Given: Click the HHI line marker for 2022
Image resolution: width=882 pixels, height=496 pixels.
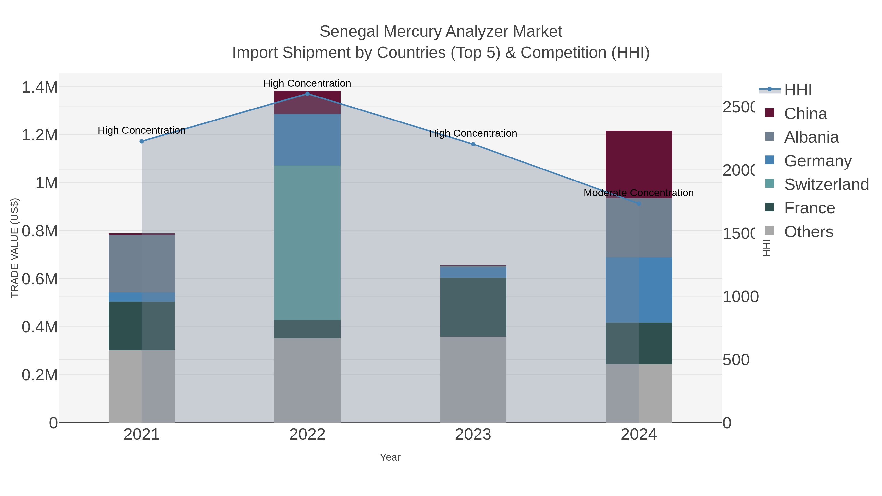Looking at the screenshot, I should click(307, 94).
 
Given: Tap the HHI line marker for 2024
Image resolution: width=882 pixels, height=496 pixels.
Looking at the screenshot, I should click(638, 204).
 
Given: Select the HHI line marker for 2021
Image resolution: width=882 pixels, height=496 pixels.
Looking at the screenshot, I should click(142, 141).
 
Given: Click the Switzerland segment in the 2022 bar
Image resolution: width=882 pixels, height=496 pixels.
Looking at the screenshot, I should click(307, 243).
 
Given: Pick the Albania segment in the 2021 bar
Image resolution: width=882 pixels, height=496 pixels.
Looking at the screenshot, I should click(142, 264).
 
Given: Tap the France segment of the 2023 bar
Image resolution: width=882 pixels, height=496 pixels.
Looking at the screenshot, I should click(473, 307).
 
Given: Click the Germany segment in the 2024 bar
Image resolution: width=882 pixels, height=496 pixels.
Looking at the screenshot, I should click(638, 290).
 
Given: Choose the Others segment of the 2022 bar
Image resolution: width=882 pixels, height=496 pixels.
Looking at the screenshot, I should click(307, 380).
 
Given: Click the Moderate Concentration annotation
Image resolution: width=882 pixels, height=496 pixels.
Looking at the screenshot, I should click(638, 193).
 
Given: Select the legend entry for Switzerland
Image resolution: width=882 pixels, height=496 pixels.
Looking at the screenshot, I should click(826, 184).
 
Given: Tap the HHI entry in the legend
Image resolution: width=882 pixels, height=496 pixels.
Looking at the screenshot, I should click(797, 90).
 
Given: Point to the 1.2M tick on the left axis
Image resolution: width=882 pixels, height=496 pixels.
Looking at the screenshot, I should click(39, 135).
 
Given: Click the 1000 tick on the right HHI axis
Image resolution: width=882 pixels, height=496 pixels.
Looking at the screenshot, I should click(740, 297).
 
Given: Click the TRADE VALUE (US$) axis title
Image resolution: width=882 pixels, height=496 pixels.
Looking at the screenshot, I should click(15, 248).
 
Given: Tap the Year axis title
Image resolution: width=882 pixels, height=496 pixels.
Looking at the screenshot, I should click(390, 457).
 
